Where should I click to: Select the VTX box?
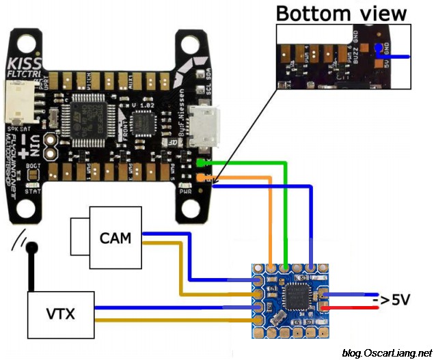pos(59,315)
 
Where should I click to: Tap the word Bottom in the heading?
pos(310,14)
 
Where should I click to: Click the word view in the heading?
pos(378,14)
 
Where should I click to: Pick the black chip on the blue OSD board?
pos(299,298)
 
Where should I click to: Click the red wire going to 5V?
pos(355,308)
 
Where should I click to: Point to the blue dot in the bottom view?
pos(379,46)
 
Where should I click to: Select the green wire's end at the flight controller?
pos(200,163)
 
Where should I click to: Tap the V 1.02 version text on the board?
pos(142,105)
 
